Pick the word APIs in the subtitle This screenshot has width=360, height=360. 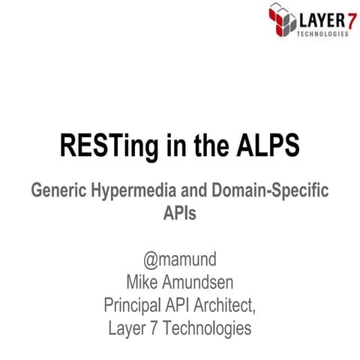(180, 213)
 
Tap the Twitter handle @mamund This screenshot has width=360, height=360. (180, 261)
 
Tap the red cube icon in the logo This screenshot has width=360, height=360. (283, 21)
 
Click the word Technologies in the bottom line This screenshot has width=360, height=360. (207, 328)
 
